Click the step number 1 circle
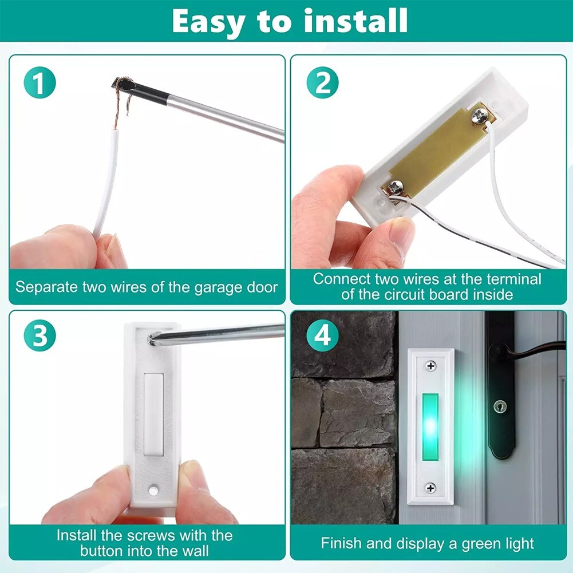tap(39, 82)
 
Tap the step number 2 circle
tap(322, 82)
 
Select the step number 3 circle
tap(39, 335)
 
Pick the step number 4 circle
tap(322, 335)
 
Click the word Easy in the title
tap(208, 22)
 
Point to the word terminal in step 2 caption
tap(515, 279)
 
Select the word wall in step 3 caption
tap(195, 551)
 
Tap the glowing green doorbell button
tap(430, 427)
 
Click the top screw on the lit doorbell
tap(431, 365)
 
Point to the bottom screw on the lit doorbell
tap(430, 488)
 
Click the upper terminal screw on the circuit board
tap(480, 115)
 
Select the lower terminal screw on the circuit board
tap(396, 188)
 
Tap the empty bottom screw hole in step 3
tap(153, 490)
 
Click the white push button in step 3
tap(153, 415)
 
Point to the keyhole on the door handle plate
tap(500, 406)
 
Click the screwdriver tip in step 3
tap(153, 339)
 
